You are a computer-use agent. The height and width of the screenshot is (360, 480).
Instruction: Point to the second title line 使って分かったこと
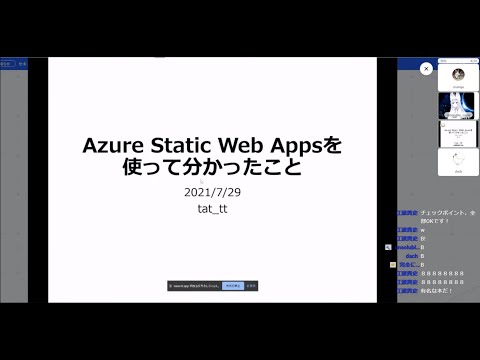(x=211, y=168)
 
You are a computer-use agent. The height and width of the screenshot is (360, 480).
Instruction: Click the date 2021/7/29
(x=211, y=192)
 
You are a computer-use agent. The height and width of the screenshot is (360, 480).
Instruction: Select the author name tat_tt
(x=211, y=208)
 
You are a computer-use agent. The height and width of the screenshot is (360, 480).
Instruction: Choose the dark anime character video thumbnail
(x=458, y=106)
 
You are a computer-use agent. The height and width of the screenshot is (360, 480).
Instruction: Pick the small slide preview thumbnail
(x=458, y=133)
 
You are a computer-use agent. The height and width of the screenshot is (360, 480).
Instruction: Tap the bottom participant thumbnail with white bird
(x=458, y=162)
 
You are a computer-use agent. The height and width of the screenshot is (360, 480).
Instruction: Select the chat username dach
(x=411, y=255)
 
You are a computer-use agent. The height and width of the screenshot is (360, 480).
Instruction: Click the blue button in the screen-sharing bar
(x=232, y=286)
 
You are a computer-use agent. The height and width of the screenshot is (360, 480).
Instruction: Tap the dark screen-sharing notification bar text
(x=195, y=286)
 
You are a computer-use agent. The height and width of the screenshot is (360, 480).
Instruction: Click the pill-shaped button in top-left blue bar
(x=5, y=63)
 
